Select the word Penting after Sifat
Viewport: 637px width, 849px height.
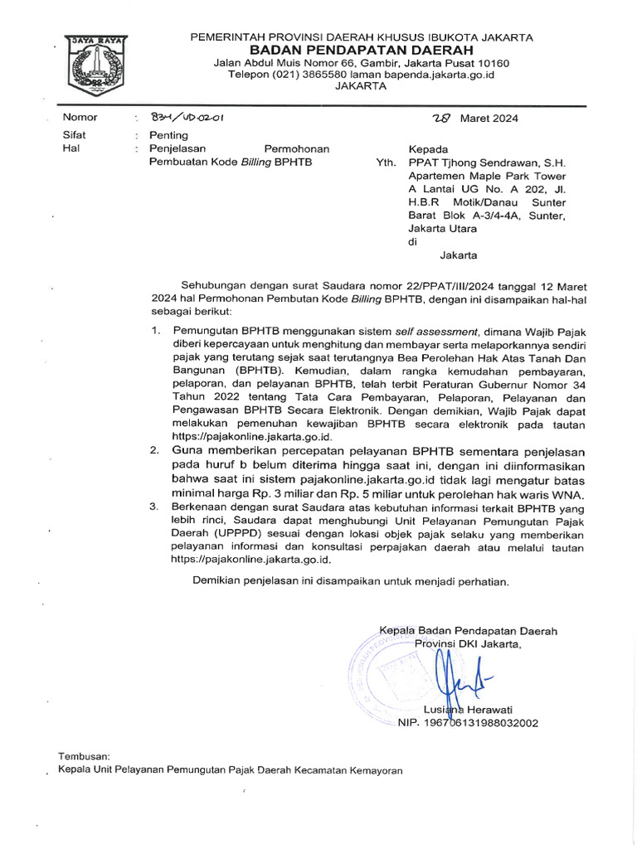[168, 135]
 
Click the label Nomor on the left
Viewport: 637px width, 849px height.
[80, 118]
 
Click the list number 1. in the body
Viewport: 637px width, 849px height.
[155, 330]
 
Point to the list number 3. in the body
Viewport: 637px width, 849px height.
[154, 507]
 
